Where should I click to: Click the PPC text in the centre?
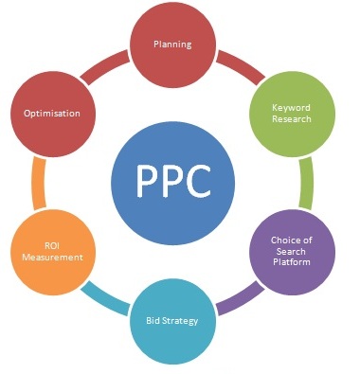(172, 183)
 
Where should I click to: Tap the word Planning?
(172, 44)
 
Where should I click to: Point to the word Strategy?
(181, 321)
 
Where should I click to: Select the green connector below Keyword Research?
(306, 182)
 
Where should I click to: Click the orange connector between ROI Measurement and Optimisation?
(39, 182)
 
